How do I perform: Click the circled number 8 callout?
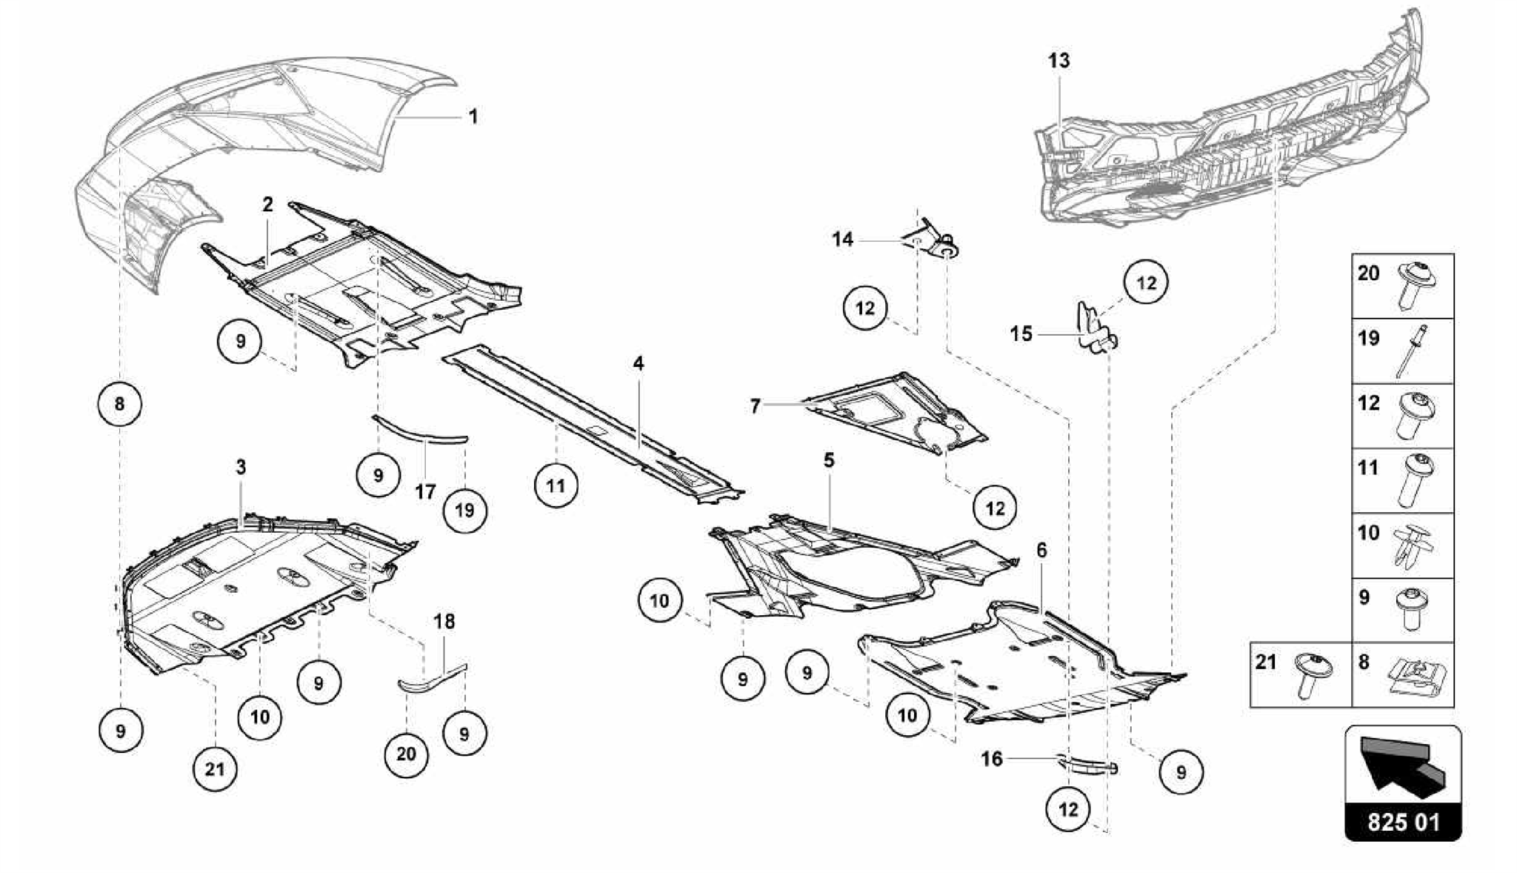[x=120, y=405]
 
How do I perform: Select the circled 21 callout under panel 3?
[x=215, y=769]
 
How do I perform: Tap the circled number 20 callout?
[x=406, y=754]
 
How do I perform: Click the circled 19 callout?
[x=464, y=511]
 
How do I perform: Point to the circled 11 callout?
[x=556, y=486]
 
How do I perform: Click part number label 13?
[x=1058, y=60]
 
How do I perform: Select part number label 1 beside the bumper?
[x=473, y=117]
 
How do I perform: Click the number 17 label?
[x=425, y=491]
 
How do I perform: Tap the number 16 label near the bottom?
[x=992, y=758]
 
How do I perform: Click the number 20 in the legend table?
[x=1368, y=273]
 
